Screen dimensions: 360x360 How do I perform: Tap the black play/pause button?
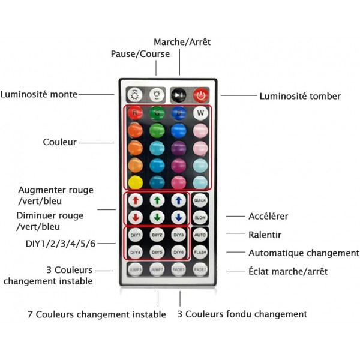click(178, 95)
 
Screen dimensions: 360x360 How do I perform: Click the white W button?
click(200, 112)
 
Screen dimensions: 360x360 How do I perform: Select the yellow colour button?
click(135, 182)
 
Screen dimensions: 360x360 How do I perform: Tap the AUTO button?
click(200, 235)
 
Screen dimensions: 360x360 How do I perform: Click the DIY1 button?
click(135, 235)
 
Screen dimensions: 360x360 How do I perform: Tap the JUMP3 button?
click(135, 270)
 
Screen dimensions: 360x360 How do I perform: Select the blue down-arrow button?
click(178, 217)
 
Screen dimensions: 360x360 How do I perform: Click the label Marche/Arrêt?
click(182, 42)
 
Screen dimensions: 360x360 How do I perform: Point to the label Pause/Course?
click(140, 54)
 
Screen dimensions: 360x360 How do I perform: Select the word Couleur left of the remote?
click(59, 142)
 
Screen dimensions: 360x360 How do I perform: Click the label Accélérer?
click(268, 216)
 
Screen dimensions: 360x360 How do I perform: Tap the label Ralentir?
click(265, 235)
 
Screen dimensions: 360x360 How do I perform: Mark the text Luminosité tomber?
click(300, 96)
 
